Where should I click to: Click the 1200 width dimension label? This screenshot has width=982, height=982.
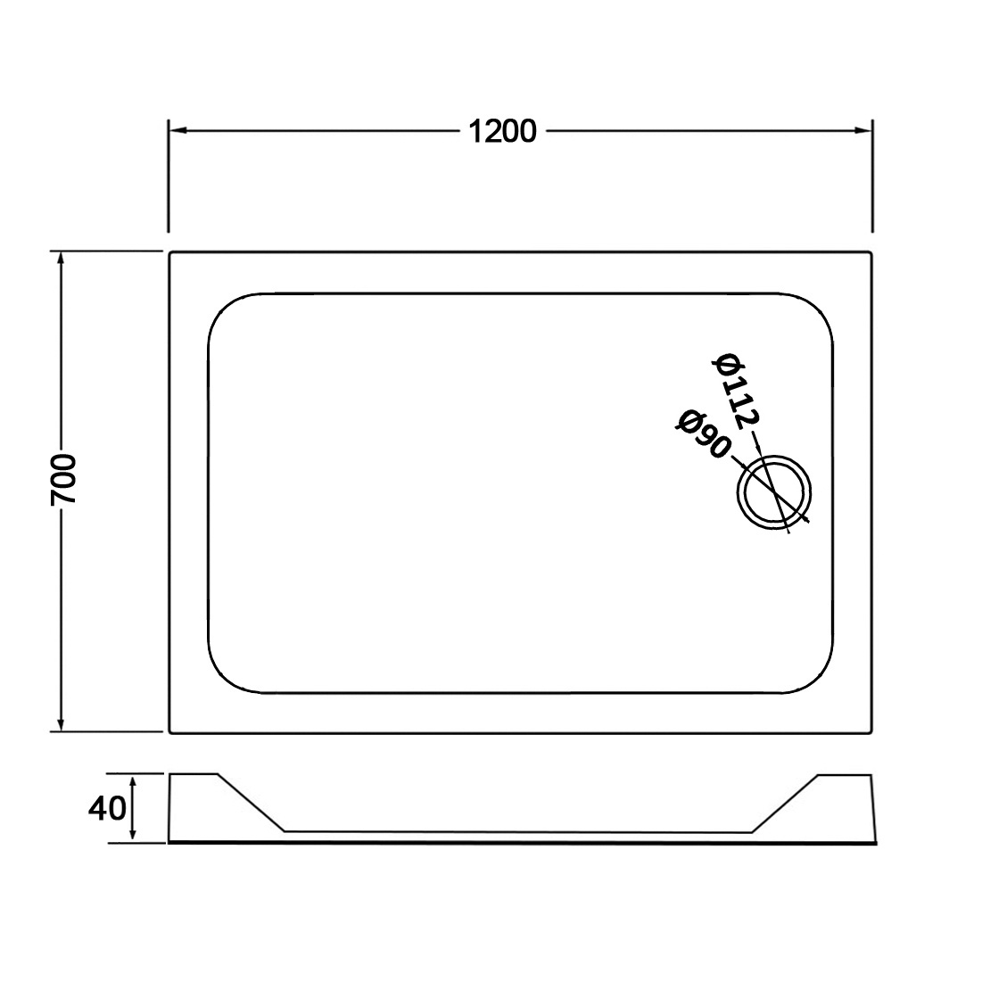[x=502, y=131]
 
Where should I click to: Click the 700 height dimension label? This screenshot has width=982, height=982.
[x=64, y=481]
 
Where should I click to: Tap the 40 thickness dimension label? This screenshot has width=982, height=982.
[x=107, y=809]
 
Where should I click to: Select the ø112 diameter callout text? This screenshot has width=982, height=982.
[x=737, y=391]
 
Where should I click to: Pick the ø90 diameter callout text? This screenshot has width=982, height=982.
[x=704, y=434]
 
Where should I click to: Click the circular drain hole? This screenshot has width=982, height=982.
[x=775, y=455]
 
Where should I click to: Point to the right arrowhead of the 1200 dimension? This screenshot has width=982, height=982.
[x=863, y=130]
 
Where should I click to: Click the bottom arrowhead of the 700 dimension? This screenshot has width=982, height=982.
[x=61, y=722]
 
